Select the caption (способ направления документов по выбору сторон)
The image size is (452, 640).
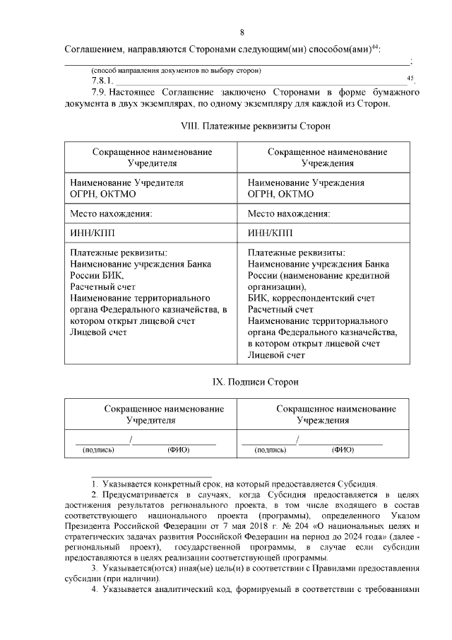point(176,70)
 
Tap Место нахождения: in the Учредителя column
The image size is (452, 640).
point(112,213)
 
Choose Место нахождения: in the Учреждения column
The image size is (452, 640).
point(290,213)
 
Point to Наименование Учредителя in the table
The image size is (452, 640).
point(126,182)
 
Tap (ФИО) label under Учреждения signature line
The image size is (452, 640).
point(343,449)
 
